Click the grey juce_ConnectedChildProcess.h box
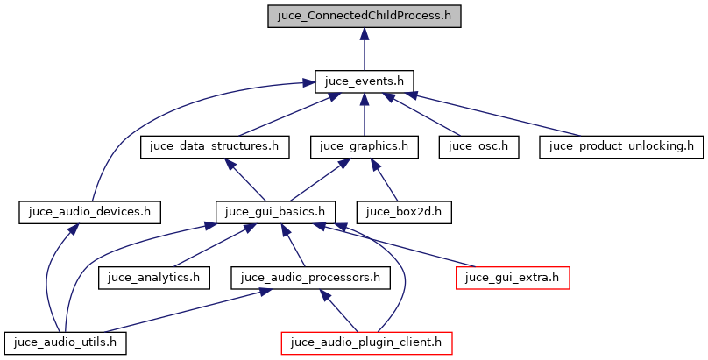(x=365, y=16)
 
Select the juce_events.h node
(x=365, y=81)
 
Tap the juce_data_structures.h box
(x=215, y=145)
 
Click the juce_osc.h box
(x=478, y=145)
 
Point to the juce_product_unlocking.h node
(x=621, y=145)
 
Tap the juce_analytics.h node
(x=153, y=277)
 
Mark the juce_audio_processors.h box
(x=310, y=277)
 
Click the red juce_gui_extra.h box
(x=513, y=277)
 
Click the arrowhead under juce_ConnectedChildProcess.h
(x=365, y=34)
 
